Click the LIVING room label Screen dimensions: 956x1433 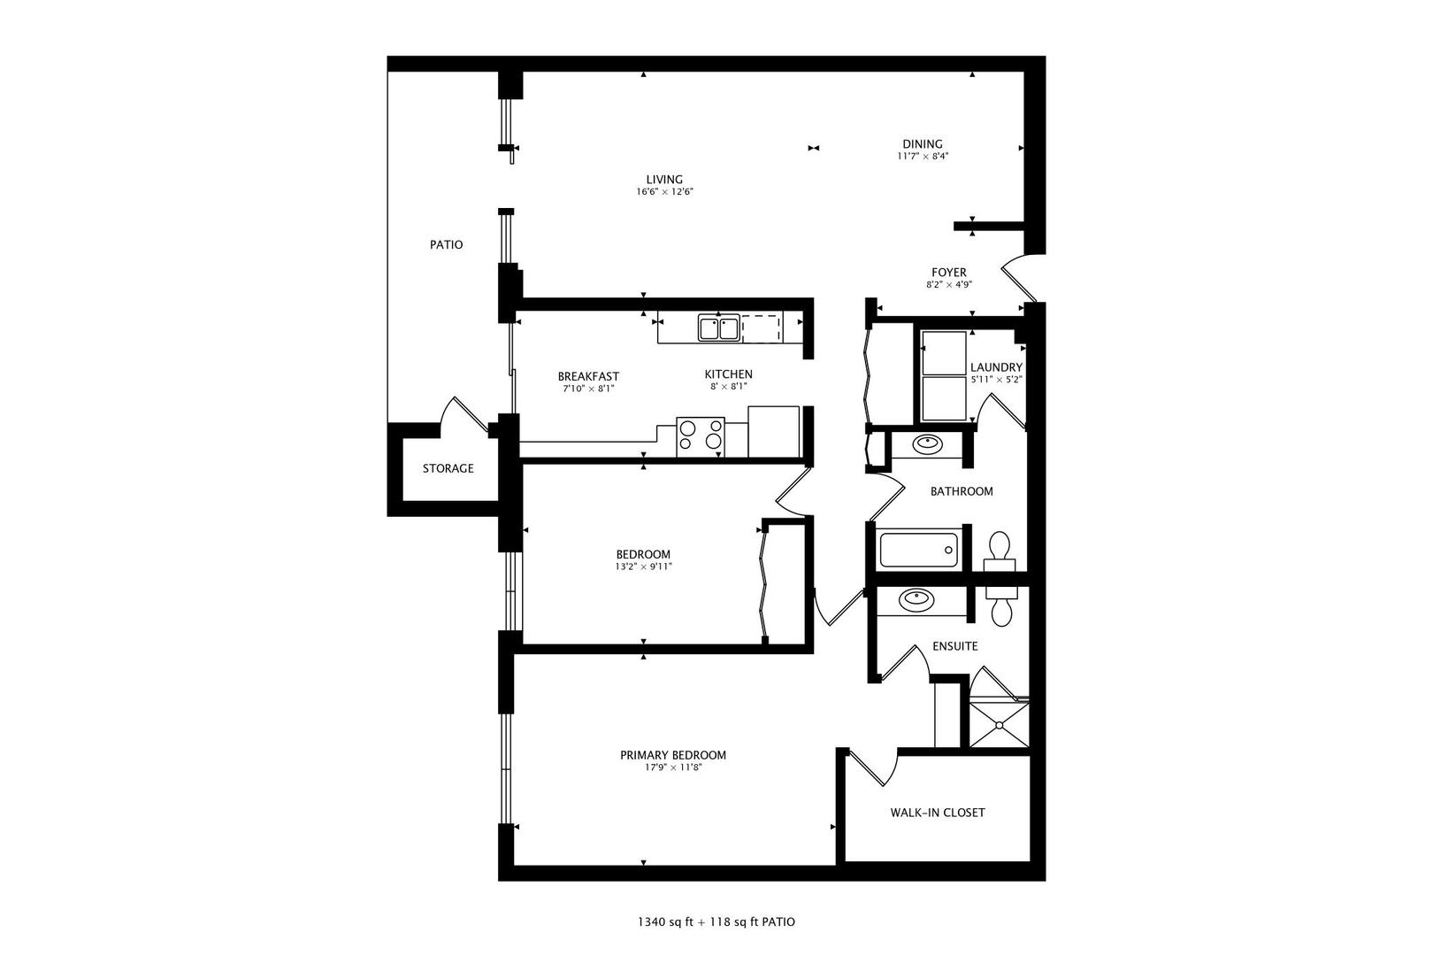click(664, 180)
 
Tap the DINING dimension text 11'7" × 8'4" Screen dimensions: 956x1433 click(923, 156)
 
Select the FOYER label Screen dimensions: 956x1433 click(948, 273)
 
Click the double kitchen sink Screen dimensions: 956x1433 click(718, 328)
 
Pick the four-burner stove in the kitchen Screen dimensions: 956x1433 click(701, 436)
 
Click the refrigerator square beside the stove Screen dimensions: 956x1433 click(773, 431)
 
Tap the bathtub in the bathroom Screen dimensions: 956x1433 click(919, 549)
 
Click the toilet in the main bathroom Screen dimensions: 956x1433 click(1000, 548)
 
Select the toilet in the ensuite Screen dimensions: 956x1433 click(1002, 606)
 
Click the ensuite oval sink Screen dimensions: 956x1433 click(916, 600)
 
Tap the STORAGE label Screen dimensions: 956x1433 click(448, 468)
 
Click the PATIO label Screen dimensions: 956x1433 click(446, 244)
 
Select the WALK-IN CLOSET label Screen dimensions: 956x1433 click(938, 813)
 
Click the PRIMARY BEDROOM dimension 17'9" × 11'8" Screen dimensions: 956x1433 click(673, 767)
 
